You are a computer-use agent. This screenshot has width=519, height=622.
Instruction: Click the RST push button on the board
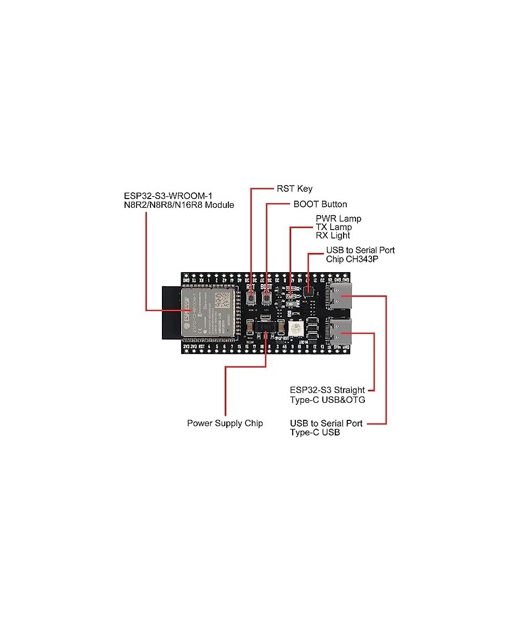pyautogui.click(x=252, y=298)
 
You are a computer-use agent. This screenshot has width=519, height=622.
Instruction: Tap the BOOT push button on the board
pyautogui.click(x=267, y=298)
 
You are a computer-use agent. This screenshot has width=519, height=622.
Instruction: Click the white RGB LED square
pyautogui.click(x=295, y=328)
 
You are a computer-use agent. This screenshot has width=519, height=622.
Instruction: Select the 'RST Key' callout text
pyautogui.click(x=294, y=189)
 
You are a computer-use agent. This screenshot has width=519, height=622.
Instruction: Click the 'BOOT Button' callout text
pyautogui.click(x=320, y=204)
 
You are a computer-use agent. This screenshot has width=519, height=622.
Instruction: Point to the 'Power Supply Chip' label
pyautogui.click(x=225, y=423)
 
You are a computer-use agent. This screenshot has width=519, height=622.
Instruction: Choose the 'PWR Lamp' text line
pyautogui.click(x=338, y=219)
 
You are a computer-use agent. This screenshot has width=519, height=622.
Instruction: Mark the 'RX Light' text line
pyautogui.click(x=333, y=235)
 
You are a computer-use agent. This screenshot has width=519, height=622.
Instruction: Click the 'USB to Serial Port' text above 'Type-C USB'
pyautogui.click(x=326, y=423)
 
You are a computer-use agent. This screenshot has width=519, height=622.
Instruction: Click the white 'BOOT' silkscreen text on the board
pyautogui.click(x=266, y=286)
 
